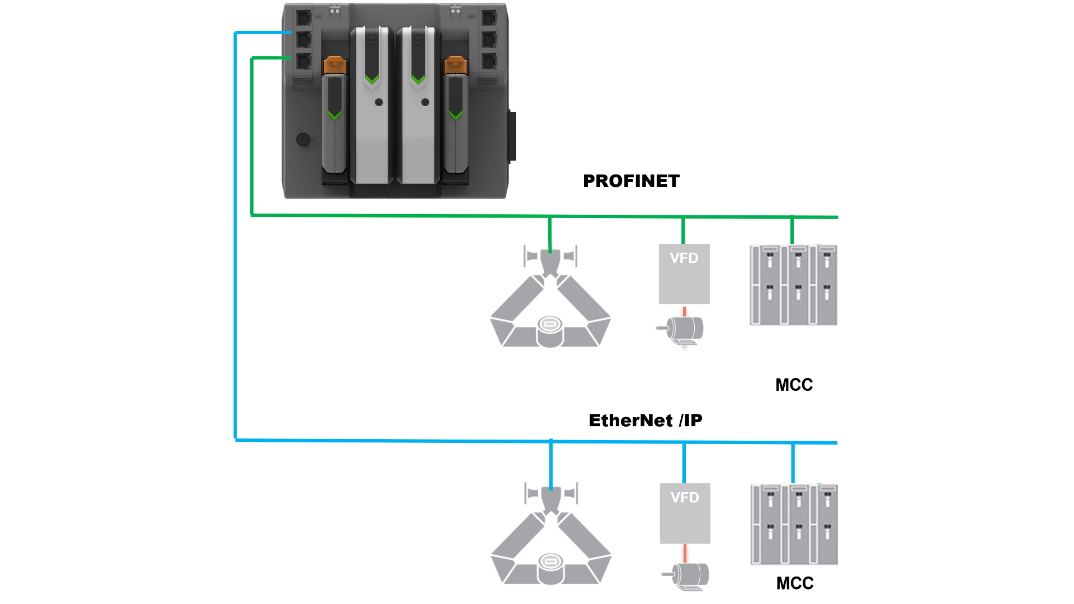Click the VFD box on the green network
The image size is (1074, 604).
(684, 274)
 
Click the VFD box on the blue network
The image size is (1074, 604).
(685, 513)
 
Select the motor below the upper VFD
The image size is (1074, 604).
(682, 330)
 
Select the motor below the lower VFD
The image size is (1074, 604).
(687, 576)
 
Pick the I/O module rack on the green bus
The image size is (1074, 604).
(793, 285)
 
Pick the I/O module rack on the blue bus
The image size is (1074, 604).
(793, 524)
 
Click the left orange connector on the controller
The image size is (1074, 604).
(335, 65)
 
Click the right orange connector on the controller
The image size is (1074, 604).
(455, 65)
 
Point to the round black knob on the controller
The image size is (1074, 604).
(303, 139)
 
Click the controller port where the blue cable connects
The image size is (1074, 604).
(304, 39)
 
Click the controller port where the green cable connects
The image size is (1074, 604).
(304, 60)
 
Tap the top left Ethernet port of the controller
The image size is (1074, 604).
(304, 17)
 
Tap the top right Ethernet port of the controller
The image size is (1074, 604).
(489, 17)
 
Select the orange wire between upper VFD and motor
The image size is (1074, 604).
(685, 310)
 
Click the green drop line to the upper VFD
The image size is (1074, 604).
(684, 230)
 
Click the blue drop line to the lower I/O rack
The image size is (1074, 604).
(793, 463)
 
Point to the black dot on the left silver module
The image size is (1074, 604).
(379, 102)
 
